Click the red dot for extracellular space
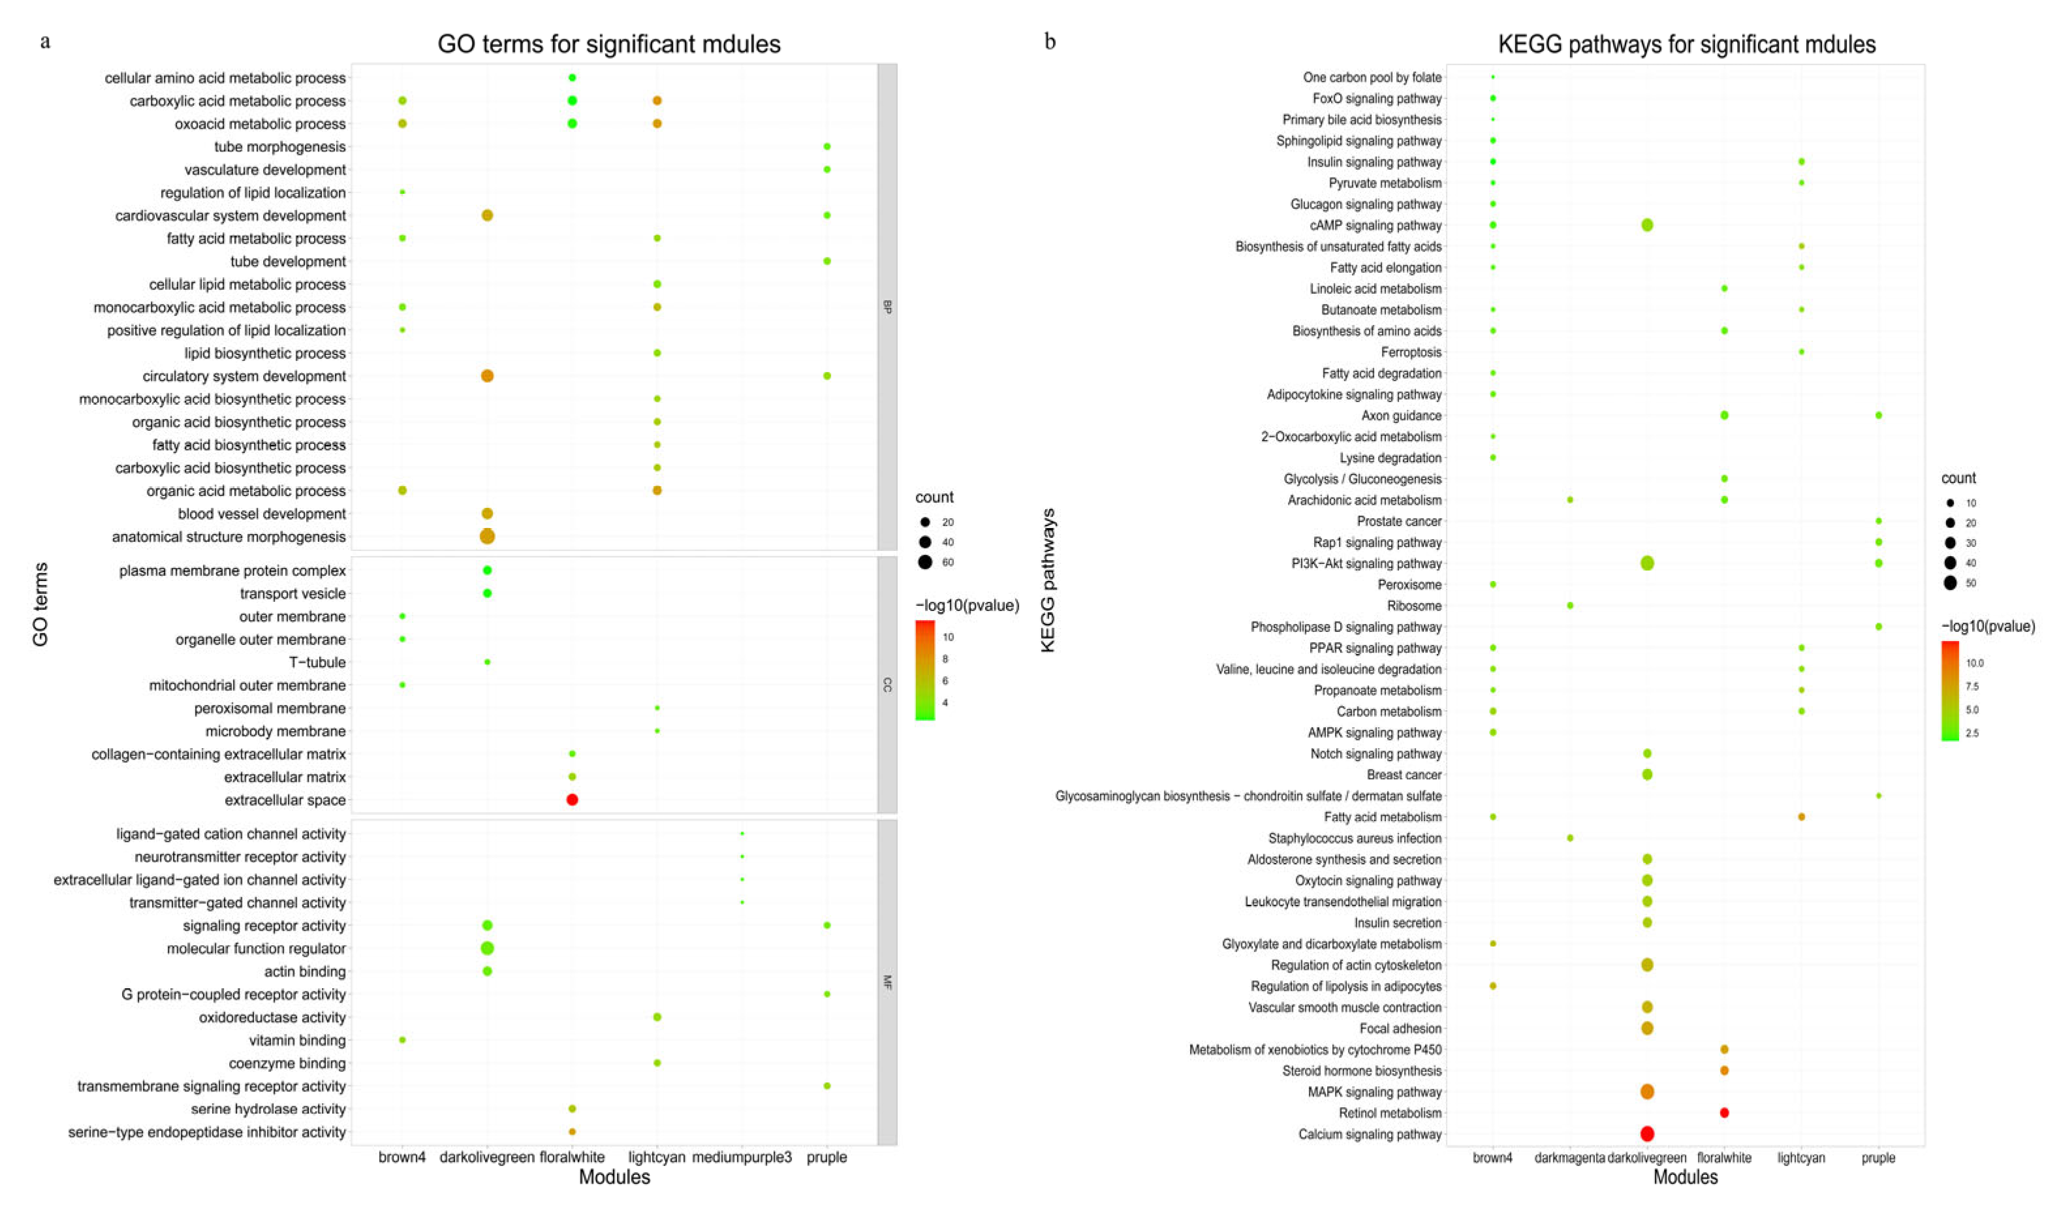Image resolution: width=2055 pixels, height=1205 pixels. click(572, 800)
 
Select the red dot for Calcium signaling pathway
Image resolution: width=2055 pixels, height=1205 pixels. click(1646, 1133)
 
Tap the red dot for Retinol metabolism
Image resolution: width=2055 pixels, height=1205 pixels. click(1724, 1112)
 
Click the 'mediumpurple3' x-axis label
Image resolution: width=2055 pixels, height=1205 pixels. click(742, 1157)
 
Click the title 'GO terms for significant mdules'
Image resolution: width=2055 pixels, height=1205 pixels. click(608, 44)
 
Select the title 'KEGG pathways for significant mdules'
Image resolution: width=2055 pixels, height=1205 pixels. click(1686, 44)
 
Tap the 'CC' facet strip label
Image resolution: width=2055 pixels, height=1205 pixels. click(887, 685)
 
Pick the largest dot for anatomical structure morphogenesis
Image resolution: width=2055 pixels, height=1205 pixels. click(487, 537)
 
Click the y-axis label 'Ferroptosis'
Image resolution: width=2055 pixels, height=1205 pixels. click(1411, 352)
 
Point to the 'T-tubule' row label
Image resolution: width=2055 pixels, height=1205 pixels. click(317, 662)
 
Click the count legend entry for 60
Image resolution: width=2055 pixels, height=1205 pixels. click(925, 562)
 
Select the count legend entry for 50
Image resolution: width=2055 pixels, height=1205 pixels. click(1950, 583)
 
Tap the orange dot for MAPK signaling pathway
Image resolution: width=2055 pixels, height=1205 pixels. click(1646, 1091)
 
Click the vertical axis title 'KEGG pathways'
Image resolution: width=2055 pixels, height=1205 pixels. click(1048, 580)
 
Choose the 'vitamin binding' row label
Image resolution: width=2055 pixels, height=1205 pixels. click(297, 1041)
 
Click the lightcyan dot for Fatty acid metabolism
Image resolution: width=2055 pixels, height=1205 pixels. click(1800, 817)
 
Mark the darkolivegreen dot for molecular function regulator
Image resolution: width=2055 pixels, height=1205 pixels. click(487, 948)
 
